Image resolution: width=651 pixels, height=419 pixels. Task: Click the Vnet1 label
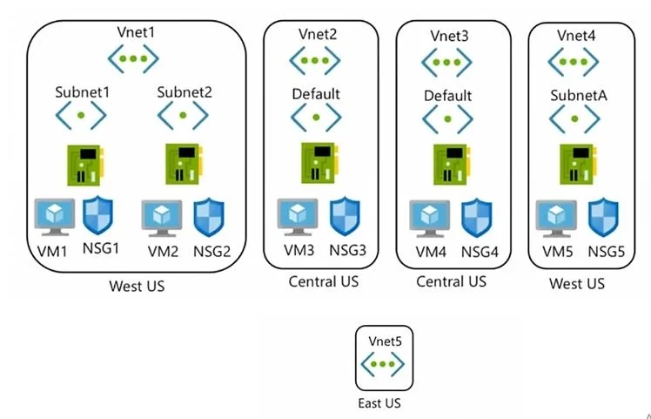[136, 32]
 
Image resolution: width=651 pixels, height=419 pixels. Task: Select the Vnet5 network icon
[383, 364]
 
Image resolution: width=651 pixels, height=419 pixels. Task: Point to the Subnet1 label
[83, 91]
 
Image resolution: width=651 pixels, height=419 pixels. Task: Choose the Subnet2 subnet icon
[183, 116]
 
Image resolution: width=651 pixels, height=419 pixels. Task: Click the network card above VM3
[319, 163]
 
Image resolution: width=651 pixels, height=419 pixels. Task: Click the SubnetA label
[579, 96]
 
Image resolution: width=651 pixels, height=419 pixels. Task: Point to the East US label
[379, 402]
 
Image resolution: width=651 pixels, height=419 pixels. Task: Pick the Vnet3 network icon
[446, 63]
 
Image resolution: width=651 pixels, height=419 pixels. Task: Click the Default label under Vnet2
[316, 94]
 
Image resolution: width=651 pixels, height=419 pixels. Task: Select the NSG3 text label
[348, 250]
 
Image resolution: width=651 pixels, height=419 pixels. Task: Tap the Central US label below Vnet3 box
[452, 281]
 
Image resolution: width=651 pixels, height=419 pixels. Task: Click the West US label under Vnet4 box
[577, 283]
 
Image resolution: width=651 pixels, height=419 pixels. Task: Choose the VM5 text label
[558, 252]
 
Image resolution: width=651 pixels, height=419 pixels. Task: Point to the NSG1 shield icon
[98, 216]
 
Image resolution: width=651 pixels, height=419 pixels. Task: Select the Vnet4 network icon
[574, 62]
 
